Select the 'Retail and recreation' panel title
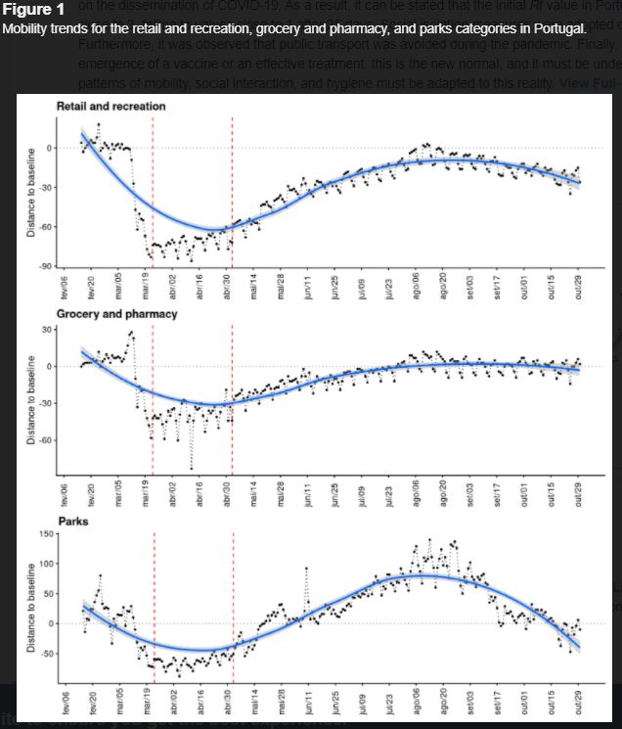111,106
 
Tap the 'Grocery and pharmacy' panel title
116,314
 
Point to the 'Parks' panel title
72,522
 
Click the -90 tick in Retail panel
45,266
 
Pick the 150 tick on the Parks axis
44,534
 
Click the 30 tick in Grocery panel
47,329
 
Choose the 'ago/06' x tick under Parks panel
417,706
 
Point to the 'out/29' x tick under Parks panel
578,706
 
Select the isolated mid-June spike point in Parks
307,568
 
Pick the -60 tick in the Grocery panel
45,440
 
